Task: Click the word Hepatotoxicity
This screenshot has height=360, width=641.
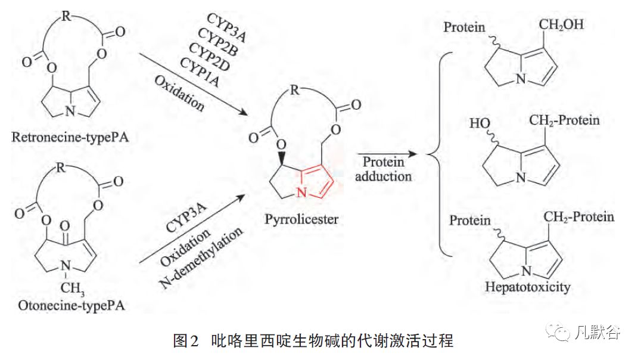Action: pos(527,287)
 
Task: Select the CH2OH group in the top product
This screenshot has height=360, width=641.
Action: pos(562,25)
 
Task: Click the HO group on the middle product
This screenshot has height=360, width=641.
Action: pos(480,124)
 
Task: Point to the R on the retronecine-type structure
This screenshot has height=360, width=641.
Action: pos(67,16)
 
